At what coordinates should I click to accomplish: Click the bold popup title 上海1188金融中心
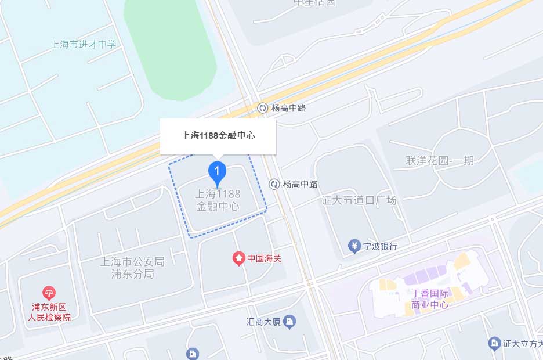point(218,136)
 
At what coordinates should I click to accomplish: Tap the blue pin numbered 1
point(217,172)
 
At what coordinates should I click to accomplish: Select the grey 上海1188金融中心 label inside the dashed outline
point(218,200)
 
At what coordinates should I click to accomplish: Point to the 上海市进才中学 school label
point(84,44)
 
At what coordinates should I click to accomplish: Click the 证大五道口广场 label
point(359,200)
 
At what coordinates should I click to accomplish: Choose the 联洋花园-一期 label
point(440,160)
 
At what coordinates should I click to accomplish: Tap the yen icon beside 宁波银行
point(354,246)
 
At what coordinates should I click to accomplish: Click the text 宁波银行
point(381,246)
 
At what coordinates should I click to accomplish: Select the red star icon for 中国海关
point(238,258)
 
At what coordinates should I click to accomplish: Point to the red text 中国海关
point(265,258)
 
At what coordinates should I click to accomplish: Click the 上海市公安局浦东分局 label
point(133,268)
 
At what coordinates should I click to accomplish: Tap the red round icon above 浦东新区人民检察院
point(50,293)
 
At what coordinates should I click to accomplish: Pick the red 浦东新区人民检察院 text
point(50,312)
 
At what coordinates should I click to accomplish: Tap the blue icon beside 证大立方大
point(494,344)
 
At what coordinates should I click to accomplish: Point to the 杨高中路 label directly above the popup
point(288,108)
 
